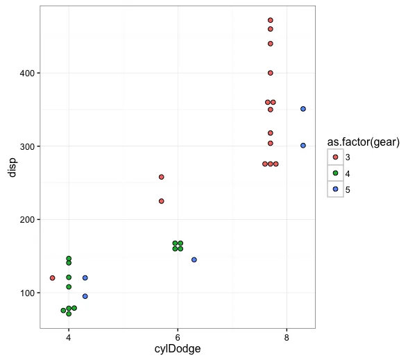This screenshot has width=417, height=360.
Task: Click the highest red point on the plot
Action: (271, 20)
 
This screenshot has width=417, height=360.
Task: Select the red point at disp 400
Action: (271, 73)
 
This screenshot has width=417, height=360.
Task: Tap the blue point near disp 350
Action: (303, 109)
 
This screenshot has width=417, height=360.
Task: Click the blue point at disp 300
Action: (303, 146)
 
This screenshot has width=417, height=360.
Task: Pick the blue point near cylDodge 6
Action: (194, 259)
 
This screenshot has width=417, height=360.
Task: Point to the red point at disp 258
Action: (162, 177)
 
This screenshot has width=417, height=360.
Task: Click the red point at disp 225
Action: (162, 201)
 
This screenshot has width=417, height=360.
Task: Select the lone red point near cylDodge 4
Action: (53, 278)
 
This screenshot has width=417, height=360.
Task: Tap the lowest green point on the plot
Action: (69, 314)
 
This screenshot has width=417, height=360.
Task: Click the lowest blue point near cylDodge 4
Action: (85, 296)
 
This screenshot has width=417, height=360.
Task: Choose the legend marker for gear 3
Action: (336, 157)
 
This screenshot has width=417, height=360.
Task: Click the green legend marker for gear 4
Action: (336, 173)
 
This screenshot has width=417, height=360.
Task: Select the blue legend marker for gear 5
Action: (336, 189)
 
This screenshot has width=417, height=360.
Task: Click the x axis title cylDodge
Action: (178, 350)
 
